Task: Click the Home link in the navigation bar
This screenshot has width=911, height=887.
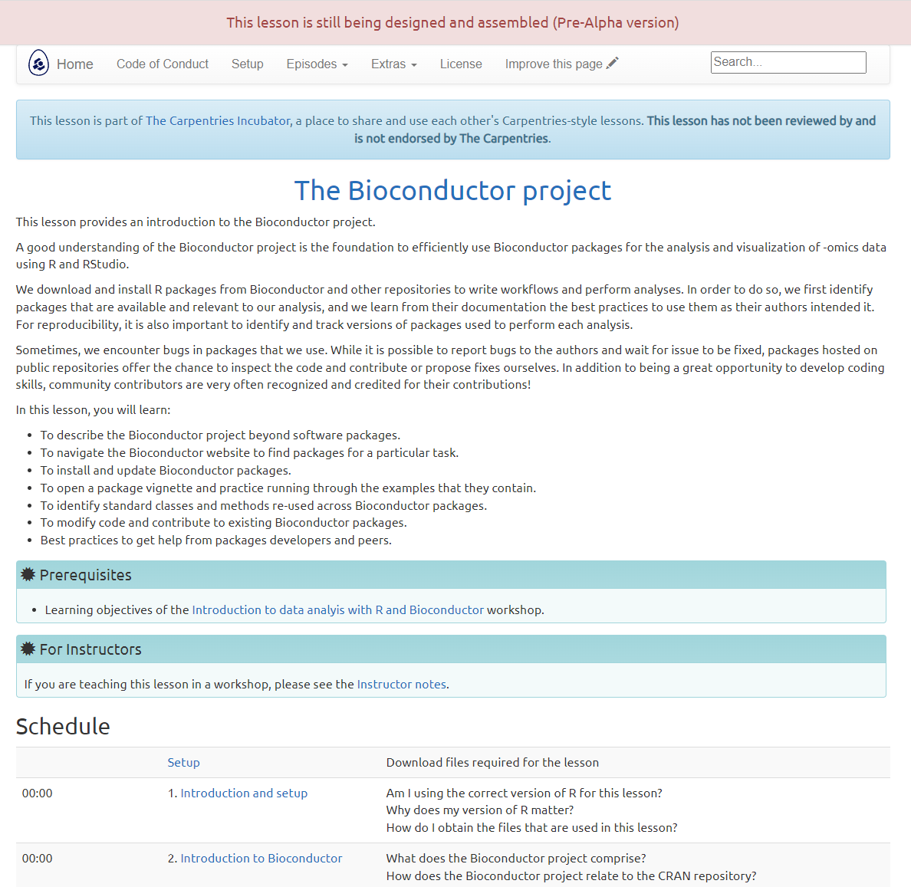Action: (74, 64)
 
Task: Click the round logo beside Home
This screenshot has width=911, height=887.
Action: (38, 64)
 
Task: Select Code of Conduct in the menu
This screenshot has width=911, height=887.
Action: (163, 64)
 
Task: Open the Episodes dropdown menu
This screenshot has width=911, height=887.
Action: (317, 64)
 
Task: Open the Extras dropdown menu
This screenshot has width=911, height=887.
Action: (393, 64)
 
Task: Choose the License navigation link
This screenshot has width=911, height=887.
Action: (461, 64)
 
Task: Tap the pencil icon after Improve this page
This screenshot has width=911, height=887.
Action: (612, 64)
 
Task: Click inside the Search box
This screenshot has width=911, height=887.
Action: (788, 63)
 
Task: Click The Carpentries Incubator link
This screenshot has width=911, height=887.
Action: (218, 121)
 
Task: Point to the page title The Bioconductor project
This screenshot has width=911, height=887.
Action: (452, 191)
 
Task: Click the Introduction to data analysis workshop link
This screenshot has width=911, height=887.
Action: (337, 610)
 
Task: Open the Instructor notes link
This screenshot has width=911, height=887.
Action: (402, 685)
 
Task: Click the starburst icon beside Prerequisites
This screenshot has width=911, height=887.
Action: (28, 575)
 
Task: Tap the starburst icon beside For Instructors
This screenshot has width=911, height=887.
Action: (28, 649)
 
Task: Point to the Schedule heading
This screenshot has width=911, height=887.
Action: (63, 727)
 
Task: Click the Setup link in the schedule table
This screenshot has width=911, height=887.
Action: (183, 763)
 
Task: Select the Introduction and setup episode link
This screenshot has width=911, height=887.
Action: (244, 793)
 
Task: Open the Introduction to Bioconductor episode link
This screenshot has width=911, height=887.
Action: (261, 859)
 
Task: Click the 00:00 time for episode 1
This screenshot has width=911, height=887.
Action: (38, 793)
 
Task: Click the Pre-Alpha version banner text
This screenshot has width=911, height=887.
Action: (452, 23)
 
